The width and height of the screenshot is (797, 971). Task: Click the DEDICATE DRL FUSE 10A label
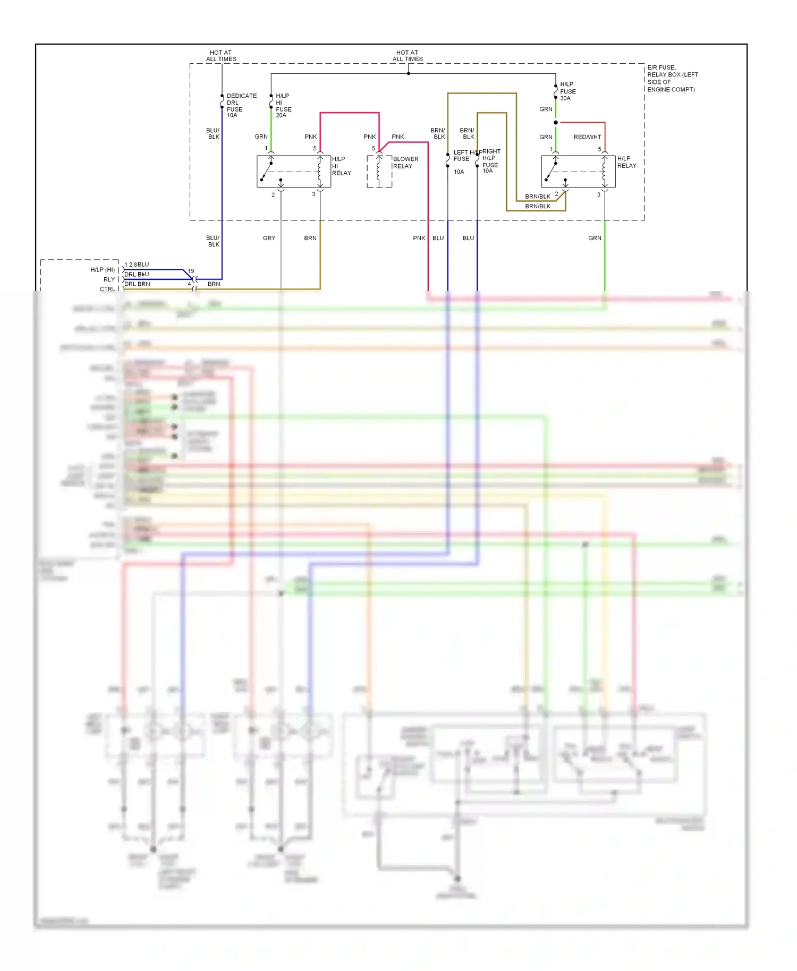click(241, 105)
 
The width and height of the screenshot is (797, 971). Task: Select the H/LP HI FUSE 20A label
click(283, 105)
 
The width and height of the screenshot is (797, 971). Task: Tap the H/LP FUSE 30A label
click(567, 91)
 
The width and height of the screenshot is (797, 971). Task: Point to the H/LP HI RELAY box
click(293, 172)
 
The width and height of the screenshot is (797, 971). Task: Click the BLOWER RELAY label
click(405, 163)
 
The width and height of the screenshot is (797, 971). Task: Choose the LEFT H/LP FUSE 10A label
click(461, 161)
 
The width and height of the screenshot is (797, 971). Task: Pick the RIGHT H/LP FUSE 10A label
click(490, 161)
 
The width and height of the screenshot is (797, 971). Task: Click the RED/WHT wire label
click(587, 137)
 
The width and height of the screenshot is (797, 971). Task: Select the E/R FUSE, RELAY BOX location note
click(672, 79)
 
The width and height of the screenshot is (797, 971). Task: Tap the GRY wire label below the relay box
click(269, 238)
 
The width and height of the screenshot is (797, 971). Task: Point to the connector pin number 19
click(191, 271)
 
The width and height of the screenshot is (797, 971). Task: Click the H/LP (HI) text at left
click(103, 270)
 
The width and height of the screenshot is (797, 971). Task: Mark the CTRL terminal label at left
click(107, 289)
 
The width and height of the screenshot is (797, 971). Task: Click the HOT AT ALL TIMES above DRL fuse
click(221, 56)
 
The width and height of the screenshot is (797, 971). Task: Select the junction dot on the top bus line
click(408, 73)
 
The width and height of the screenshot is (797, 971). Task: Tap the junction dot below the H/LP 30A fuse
click(556, 123)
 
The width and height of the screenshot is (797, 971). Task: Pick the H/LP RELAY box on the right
click(578, 172)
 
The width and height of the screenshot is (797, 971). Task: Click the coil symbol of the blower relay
click(379, 171)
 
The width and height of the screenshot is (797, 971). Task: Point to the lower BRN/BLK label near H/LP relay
click(537, 206)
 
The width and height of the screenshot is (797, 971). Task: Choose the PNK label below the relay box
click(419, 238)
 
